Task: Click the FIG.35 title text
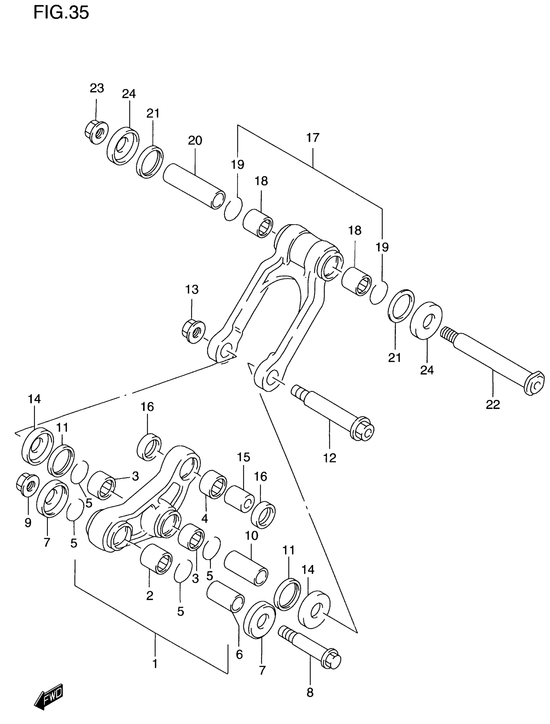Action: pyautogui.click(x=61, y=13)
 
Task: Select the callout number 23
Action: pyautogui.click(x=97, y=88)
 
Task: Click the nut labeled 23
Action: pyautogui.click(x=96, y=132)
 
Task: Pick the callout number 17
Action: pyautogui.click(x=313, y=138)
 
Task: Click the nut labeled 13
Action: pyautogui.click(x=193, y=331)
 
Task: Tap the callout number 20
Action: pyautogui.click(x=195, y=140)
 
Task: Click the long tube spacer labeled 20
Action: pyautogui.click(x=194, y=186)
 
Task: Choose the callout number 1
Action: pyautogui.click(x=155, y=664)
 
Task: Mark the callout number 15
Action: pyautogui.click(x=243, y=457)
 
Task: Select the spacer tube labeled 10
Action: pyautogui.click(x=246, y=568)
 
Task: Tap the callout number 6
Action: pyautogui.click(x=239, y=654)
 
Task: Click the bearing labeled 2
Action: pyautogui.click(x=156, y=559)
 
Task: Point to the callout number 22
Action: pyautogui.click(x=493, y=405)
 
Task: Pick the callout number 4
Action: pyautogui.click(x=204, y=518)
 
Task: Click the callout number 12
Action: pyautogui.click(x=330, y=458)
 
